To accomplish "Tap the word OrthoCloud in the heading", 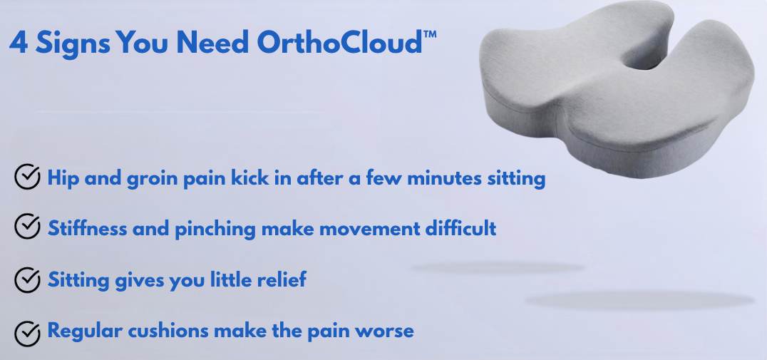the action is [x=339, y=42].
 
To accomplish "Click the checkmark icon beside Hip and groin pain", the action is [x=27, y=176].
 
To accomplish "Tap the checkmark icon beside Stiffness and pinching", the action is [x=27, y=227].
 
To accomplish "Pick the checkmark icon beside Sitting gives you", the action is [x=27, y=279].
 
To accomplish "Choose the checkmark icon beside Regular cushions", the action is [x=27, y=334].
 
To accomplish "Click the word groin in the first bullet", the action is [x=152, y=179].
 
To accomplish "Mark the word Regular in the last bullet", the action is [x=85, y=331].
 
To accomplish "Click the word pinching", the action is [x=215, y=229].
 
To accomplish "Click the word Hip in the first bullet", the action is [x=63, y=179].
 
